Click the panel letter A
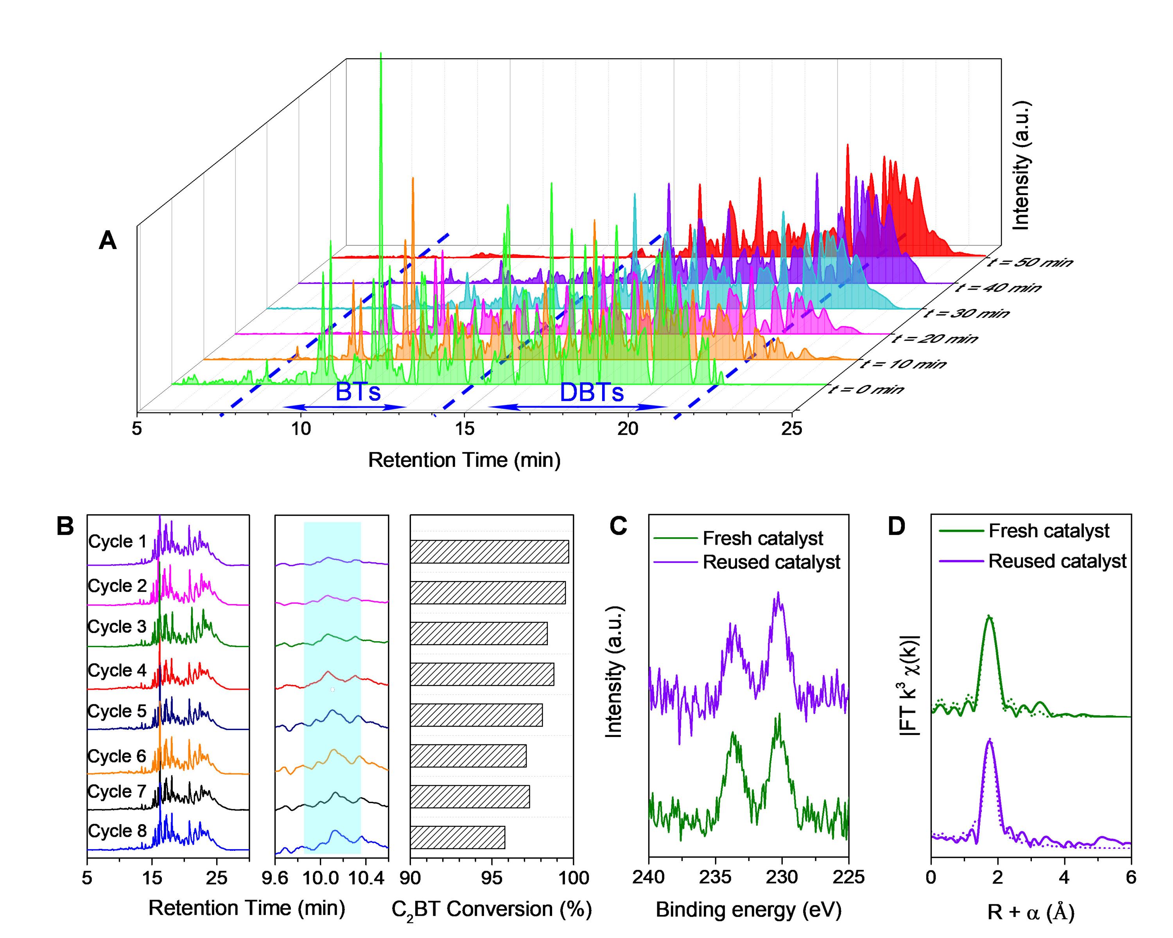pos(108,240)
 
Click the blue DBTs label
pos(592,393)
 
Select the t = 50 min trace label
pos(1030,263)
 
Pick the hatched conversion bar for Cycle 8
pos(457,838)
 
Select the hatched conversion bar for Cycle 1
pos(489,552)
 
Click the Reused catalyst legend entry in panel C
pos(771,562)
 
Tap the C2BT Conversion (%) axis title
pos(491,910)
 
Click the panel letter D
pos(897,527)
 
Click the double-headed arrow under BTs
pos(345,407)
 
